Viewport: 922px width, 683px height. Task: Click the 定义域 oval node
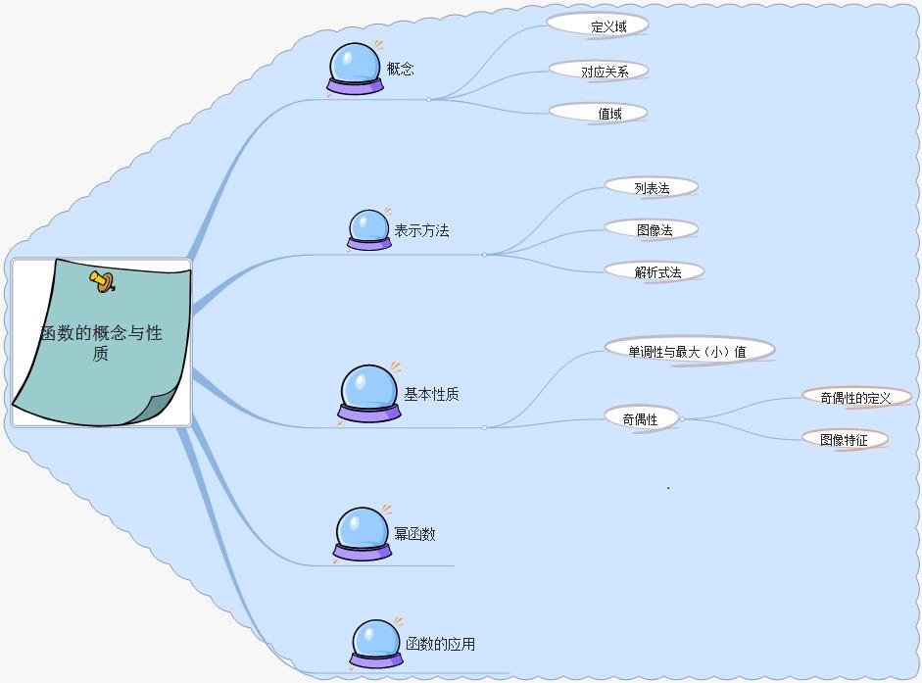[598, 25]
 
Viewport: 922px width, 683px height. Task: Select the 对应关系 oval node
[600, 71]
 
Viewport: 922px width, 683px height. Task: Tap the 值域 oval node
[599, 113]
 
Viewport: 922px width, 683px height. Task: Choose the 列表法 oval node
[651, 187]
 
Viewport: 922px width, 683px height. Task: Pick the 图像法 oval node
[652, 229]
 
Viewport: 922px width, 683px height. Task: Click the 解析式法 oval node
[655, 271]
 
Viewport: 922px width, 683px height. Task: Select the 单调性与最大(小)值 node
[689, 350]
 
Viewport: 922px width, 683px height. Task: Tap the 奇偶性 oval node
[641, 418]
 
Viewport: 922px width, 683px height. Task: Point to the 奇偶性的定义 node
[855, 397]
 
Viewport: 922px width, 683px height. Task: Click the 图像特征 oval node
[845, 439]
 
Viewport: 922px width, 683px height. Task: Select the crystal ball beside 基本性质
[369, 393]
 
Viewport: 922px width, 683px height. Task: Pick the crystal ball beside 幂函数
[362, 534]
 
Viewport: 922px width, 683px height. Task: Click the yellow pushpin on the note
[102, 282]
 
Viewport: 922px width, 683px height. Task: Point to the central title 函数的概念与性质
[101, 343]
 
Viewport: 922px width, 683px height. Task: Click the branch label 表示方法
[421, 231]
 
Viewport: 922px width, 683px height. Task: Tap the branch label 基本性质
[431, 394]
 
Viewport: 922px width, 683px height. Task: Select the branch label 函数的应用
[440, 644]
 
